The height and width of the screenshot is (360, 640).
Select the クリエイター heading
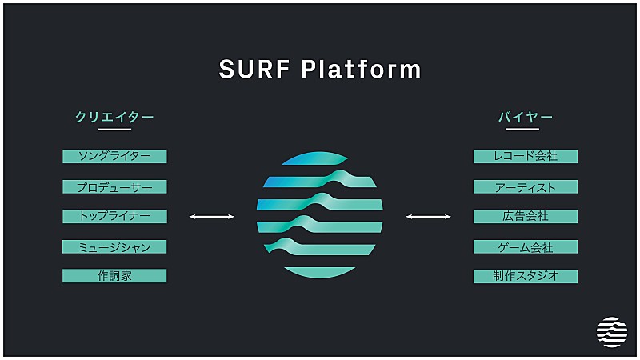click(x=114, y=117)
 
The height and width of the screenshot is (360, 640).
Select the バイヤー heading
click(x=526, y=117)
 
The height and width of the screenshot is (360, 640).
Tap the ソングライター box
click(x=114, y=156)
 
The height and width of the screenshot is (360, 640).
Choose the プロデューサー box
click(x=114, y=186)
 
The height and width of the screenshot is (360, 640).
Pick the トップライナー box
click(x=114, y=216)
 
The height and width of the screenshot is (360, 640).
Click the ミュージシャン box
click(x=114, y=246)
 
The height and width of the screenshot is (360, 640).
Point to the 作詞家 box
click(x=114, y=276)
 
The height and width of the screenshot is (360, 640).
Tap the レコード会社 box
click(x=526, y=156)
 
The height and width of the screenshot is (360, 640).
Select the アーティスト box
click(x=526, y=186)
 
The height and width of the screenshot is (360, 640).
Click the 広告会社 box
click(x=526, y=216)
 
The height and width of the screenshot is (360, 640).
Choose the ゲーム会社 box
click(x=526, y=246)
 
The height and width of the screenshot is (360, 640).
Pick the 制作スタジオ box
click(x=526, y=276)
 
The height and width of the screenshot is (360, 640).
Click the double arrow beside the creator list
click(x=212, y=216)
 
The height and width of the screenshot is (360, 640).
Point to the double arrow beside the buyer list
click(x=428, y=216)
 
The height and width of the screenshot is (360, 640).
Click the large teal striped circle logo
click(x=320, y=214)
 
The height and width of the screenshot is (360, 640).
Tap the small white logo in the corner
click(x=612, y=332)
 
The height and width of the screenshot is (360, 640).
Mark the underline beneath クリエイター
click(x=114, y=129)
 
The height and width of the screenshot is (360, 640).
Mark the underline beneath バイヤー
click(x=526, y=129)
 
